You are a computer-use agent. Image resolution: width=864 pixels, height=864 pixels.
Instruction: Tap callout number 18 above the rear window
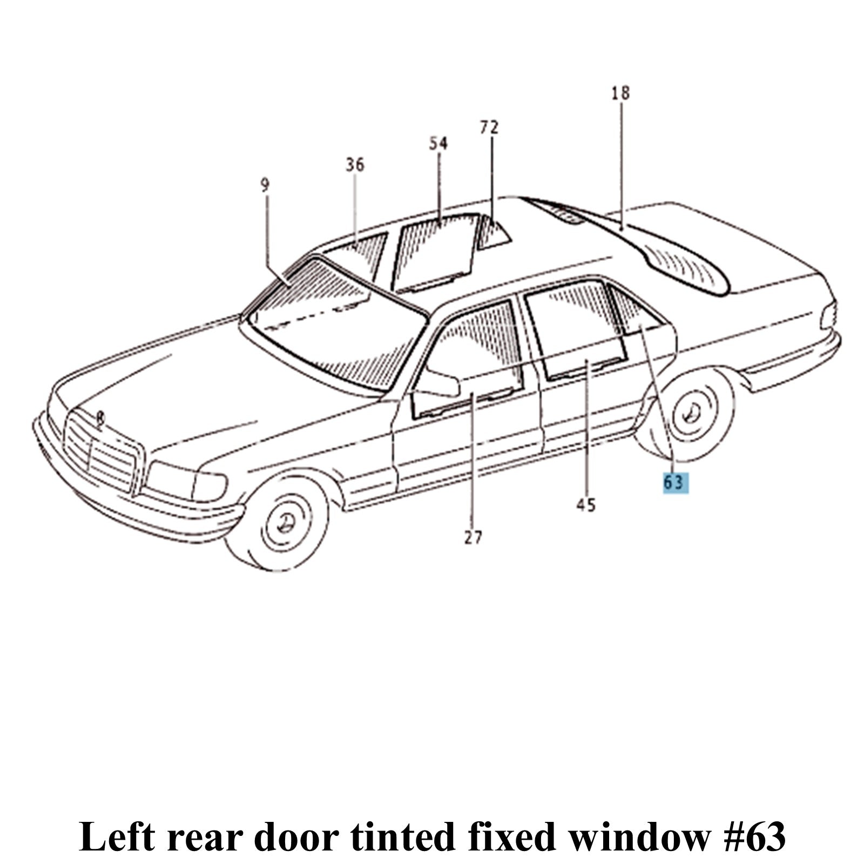tap(620, 93)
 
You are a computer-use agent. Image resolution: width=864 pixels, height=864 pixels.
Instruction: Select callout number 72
tap(489, 127)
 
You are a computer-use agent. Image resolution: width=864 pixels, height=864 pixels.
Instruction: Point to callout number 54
tap(438, 144)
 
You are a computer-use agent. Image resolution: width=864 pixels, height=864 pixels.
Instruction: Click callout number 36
tap(355, 165)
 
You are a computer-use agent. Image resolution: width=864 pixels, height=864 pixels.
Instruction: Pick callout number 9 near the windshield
tap(265, 186)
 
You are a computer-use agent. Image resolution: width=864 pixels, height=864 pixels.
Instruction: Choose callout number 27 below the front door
tap(473, 537)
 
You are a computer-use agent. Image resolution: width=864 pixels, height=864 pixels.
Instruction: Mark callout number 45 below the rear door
tap(586, 505)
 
